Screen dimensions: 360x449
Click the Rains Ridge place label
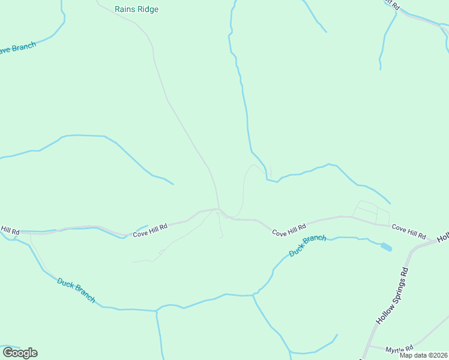click(136, 10)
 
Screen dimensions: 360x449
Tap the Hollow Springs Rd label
click(393, 296)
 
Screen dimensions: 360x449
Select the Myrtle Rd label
click(399, 349)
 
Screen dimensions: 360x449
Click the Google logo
click(20, 353)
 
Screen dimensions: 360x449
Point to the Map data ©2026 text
click(424, 355)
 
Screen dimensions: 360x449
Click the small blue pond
click(386, 246)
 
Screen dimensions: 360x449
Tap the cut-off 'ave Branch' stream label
click(17, 48)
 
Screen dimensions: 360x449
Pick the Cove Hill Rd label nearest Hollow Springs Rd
click(409, 232)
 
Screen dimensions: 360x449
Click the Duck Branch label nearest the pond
click(307, 246)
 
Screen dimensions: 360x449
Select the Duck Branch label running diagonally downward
click(76, 290)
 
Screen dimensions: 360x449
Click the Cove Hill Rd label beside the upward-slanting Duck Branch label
click(289, 230)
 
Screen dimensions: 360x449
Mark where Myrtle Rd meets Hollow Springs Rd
click(367, 346)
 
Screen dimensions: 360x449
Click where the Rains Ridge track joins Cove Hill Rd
click(219, 209)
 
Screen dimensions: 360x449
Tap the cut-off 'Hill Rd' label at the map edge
click(10, 230)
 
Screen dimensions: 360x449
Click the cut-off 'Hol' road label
click(442, 238)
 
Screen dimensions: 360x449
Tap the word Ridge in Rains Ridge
click(147, 10)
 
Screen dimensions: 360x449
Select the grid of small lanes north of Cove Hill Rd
click(371, 212)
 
